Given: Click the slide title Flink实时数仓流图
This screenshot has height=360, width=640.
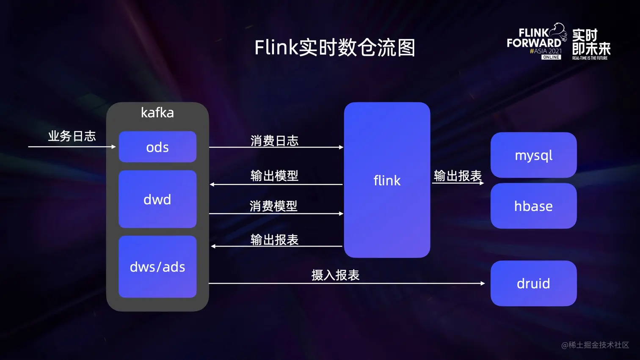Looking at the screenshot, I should pos(334,47).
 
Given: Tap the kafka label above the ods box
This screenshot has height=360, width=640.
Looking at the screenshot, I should pos(157,113).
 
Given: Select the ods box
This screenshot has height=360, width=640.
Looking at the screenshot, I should pos(157,147).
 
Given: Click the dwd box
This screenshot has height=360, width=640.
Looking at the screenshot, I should pos(157,199).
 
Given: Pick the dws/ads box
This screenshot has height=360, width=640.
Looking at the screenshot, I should pos(157,267).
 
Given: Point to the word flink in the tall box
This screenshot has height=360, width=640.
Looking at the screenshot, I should pos(387,181).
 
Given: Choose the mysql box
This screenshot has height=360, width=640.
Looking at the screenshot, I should pos(533,155).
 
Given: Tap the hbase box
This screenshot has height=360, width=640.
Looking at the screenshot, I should pos(533,206).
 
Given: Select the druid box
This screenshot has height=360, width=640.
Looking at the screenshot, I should pos(533,283).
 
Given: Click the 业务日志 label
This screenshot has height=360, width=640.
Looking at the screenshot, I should pos(72,136).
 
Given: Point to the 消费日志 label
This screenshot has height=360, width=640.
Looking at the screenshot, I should pos(274,141).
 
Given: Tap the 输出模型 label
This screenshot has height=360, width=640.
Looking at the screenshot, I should pos(274,176).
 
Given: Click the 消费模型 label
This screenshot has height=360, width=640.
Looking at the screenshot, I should pos(273,206).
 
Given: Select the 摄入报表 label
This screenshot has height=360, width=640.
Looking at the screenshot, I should pos(335,275).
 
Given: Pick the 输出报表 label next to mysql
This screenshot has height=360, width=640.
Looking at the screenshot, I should pos(458,176).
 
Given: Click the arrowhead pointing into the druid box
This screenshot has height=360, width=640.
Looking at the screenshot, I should pos(483,283).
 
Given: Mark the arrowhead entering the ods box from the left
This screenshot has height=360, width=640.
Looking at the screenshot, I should pos(113,147).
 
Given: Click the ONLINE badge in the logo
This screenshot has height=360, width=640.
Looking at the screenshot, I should pos(551,57).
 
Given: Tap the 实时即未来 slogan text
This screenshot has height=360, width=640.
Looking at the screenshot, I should pos(591,42).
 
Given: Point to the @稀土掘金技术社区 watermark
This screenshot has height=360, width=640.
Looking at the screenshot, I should pos(595,345).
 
